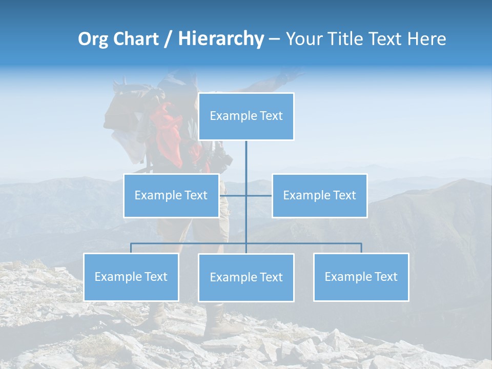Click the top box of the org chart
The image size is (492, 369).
point(246,116)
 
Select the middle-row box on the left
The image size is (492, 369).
point(171,195)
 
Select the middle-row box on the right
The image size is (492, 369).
point(319,195)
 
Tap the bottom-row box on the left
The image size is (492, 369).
point(131,277)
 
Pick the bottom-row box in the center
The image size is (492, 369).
point(246,277)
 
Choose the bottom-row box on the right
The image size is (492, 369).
point(361,277)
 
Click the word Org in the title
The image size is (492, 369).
point(93,39)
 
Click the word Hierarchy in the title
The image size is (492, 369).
point(221,39)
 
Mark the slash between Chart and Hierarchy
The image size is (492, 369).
point(168,39)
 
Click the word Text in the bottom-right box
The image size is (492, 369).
point(386,277)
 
